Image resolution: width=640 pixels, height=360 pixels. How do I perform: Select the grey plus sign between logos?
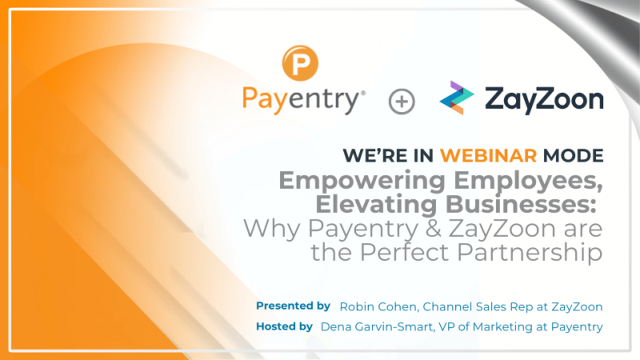(x=402, y=102)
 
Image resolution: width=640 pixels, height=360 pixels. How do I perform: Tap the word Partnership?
(x=541, y=254)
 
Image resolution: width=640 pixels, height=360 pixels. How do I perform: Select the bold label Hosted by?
(x=284, y=326)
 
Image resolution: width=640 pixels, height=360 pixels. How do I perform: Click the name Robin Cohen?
(x=377, y=306)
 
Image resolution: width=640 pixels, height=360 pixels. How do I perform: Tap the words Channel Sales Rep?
(x=473, y=306)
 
